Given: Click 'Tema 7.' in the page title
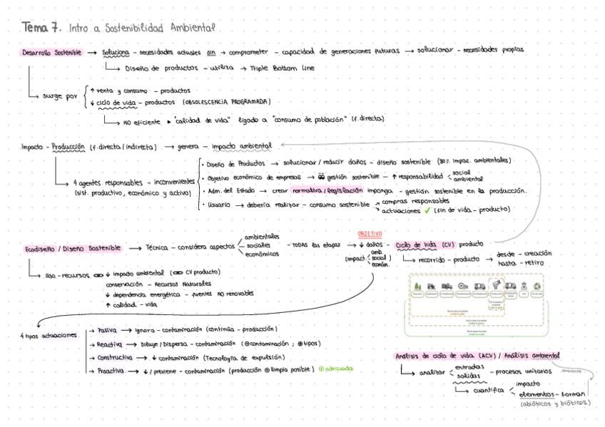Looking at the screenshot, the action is tap(41, 28).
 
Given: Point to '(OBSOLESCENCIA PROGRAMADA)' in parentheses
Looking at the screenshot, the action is tap(227, 101).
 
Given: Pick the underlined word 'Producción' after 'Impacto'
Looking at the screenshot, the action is tap(68, 148).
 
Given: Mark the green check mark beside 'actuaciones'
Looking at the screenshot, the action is tap(426, 210).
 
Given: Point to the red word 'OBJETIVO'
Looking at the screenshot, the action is tap(370, 234).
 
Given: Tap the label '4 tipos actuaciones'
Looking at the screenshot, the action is tap(48, 336).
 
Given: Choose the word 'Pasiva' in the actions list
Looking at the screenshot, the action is tap(107, 330).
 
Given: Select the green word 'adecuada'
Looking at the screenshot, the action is tap(338, 369).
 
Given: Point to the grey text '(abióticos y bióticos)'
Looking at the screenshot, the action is tap(556, 403).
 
